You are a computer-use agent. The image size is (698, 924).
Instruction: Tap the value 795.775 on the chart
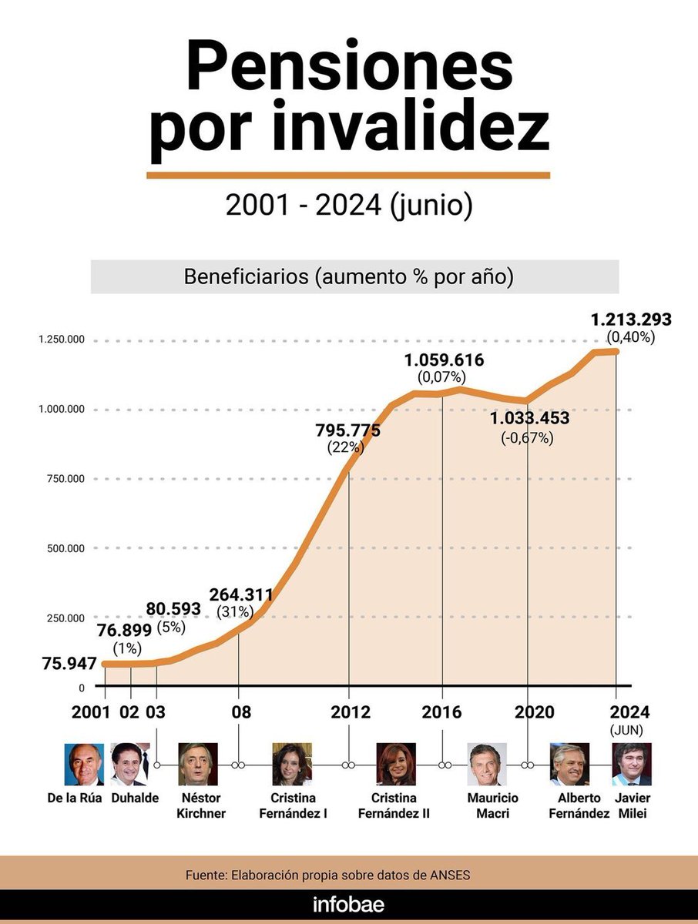tap(347, 430)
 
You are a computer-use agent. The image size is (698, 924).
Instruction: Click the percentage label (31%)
tap(240, 612)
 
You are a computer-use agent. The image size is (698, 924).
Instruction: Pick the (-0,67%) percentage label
tap(527, 437)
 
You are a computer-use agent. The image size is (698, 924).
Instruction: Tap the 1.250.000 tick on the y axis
tap(62, 340)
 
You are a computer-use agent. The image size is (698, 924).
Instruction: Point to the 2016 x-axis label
tap(442, 712)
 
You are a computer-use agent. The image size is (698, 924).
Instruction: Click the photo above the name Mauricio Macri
tap(487, 764)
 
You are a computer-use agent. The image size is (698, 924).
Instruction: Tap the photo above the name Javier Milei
tap(632, 764)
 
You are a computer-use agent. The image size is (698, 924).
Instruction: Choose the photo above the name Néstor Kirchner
tap(197, 764)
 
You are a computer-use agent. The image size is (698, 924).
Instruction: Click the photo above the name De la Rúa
tap(84, 764)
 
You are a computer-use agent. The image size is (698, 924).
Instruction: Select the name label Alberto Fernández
tap(579, 805)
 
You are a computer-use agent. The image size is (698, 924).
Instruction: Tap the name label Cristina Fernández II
tap(400, 805)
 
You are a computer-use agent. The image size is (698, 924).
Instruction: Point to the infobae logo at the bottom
tap(348, 904)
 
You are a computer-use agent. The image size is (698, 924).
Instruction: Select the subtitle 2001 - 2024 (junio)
tap(348, 206)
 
